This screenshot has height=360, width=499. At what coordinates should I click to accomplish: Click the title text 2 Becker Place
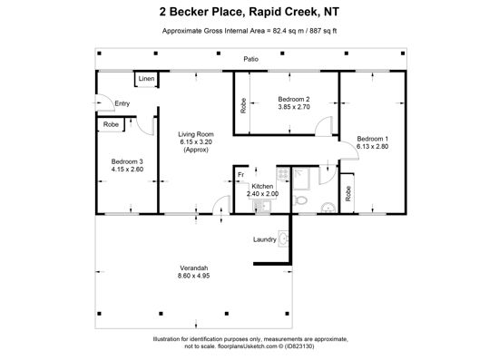pyautogui.click(x=201, y=12)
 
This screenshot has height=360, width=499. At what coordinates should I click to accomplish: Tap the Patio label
pyautogui.click(x=250, y=59)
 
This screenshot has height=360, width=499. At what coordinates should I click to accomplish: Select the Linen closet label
pyautogui.click(x=146, y=79)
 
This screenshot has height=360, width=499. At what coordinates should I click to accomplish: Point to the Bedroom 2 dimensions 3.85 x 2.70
pyautogui.click(x=294, y=107)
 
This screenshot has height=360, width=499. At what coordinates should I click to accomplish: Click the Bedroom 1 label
pyautogui.click(x=372, y=139)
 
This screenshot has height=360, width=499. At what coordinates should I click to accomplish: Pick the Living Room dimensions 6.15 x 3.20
pyautogui.click(x=196, y=141)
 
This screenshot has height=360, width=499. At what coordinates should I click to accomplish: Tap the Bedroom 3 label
pyautogui.click(x=127, y=161)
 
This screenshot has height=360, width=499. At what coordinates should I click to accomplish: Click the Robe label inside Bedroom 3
pyautogui.click(x=111, y=124)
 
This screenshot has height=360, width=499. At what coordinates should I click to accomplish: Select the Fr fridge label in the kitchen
pyautogui.click(x=241, y=175)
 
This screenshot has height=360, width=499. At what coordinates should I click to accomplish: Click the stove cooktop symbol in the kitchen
pyautogui.click(x=283, y=174)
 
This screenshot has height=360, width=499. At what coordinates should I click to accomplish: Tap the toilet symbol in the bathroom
pyautogui.click(x=300, y=200)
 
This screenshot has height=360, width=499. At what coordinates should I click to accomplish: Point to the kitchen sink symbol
pyautogui.click(x=262, y=207)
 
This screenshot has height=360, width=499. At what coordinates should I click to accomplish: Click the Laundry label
pyautogui.click(x=265, y=239)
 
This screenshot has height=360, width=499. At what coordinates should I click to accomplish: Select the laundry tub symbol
pyautogui.click(x=283, y=238)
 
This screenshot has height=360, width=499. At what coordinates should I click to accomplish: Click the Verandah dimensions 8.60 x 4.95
pyautogui.click(x=193, y=276)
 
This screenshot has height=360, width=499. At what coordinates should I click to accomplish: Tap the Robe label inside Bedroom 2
pyautogui.click(x=243, y=105)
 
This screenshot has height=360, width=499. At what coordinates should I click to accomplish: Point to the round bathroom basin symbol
pyautogui.click(x=328, y=208)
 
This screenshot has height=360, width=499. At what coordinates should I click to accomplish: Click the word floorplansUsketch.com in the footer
pyautogui.click(x=247, y=346)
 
